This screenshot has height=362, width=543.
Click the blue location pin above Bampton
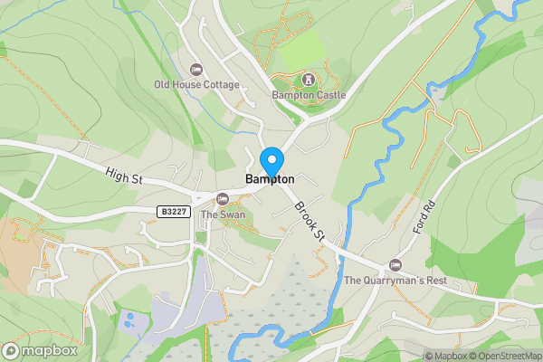pos(271,161)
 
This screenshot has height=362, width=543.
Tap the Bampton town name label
pos(271,180)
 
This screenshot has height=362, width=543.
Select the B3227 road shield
pos(173,212)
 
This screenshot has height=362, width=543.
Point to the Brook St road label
pos(309,221)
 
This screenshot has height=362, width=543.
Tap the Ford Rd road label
pos(419,216)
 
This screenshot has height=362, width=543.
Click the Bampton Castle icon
pos(308,80)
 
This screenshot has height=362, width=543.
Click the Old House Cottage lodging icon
pos(196,70)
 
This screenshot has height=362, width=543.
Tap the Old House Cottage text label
pos(196,85)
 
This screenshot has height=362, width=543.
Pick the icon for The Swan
pos(223,199)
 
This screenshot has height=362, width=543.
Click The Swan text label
pos(223,214)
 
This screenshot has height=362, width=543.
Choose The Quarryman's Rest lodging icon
pos(395,264)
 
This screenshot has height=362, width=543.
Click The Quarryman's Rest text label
pos(395,280)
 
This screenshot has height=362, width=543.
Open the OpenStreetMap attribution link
pos(507,356)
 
